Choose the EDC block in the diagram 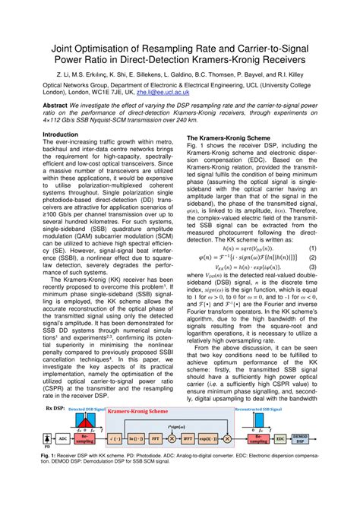click(302, 439)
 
